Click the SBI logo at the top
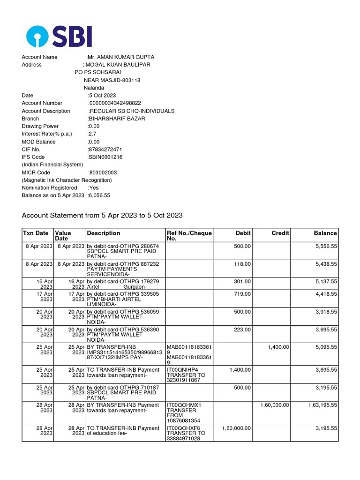coord(59,37)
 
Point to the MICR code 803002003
coord(103,172)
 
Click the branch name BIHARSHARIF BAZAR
coord(117,119)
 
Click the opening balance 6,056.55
coord(99,195)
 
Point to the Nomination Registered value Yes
coord(93,187)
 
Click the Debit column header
coord(243,233)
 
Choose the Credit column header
coord(280,233)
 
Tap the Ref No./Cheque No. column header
coord(189,236)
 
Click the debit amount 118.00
coord(242,264)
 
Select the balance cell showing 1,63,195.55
coord(322,405)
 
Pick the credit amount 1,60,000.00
coord(275,405)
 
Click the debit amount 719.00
coord(242,294)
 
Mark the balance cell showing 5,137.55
coord(325,281)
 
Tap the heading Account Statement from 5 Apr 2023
coord(102,215)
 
